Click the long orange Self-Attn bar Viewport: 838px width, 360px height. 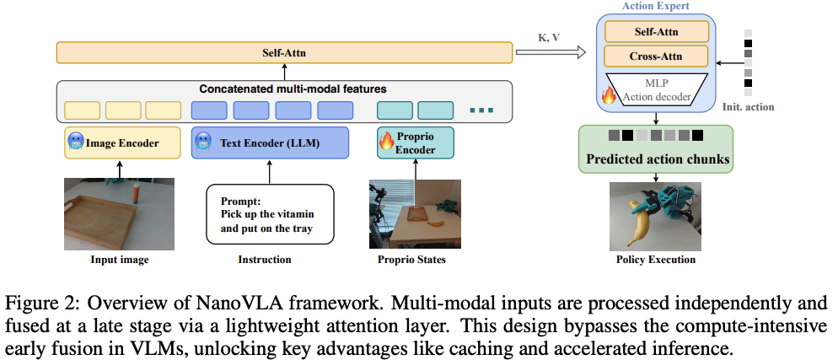point(284,53)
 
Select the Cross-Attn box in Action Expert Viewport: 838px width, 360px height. point(656,56)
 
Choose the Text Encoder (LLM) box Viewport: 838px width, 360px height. point(270,142)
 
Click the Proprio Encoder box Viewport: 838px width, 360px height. point(416,142)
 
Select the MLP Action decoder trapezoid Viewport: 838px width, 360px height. point(657,89)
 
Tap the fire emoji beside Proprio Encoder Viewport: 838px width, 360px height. point(386,141)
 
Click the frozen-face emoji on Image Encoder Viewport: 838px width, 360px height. point(75,142)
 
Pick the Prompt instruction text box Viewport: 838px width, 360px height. point(270,214)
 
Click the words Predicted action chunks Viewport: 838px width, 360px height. point(658,159)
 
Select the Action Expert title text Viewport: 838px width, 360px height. point(656,7)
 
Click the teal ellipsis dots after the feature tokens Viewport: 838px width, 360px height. point(481,110)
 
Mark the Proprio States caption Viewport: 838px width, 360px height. point(411,261)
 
